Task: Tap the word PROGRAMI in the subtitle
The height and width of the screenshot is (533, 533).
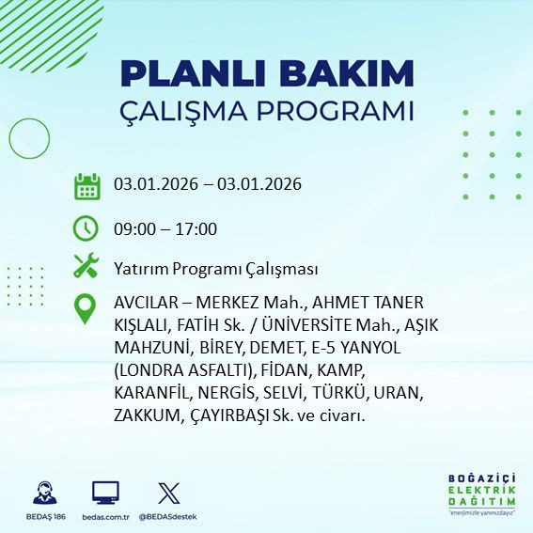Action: tap(333, 112)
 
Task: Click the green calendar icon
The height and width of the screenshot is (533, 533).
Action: tap(86, 186)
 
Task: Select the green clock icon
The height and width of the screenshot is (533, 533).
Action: tap(86, 228)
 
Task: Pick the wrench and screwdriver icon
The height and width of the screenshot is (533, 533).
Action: tap(86, 267)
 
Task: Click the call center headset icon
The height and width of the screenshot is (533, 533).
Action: tap(43, 493)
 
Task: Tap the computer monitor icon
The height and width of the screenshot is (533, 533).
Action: tap(104, 493)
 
